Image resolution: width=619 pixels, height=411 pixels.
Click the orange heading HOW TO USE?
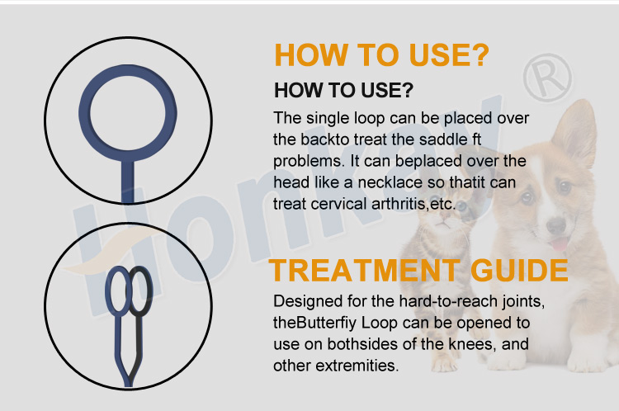coord(382,54)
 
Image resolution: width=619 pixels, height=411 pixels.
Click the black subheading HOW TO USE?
coord(343,91)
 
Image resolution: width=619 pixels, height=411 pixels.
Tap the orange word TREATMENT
coord(364,271)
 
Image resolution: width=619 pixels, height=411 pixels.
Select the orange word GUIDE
coord(519,271)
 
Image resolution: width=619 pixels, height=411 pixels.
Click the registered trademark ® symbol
coord(547,78)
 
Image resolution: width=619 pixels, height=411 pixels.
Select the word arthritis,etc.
coord(413,204)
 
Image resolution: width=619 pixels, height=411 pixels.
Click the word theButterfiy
coord(315,323)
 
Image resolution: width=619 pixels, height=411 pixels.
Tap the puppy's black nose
coord(555,225)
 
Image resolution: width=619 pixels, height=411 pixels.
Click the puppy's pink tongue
coord(558,244)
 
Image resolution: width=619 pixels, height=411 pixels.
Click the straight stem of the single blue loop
coord(127,181)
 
